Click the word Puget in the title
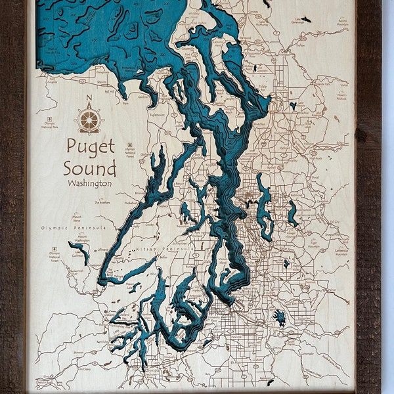pyautogui.click(x=91, y=146)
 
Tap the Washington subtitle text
pyautogui.click(x=89, y=183)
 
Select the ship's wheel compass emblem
pyautogui.click(x=89, y=120)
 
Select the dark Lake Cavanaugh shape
pyautogui.click(x=305, y=19)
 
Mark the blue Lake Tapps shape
pyautogui.click(x=280, y=317)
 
